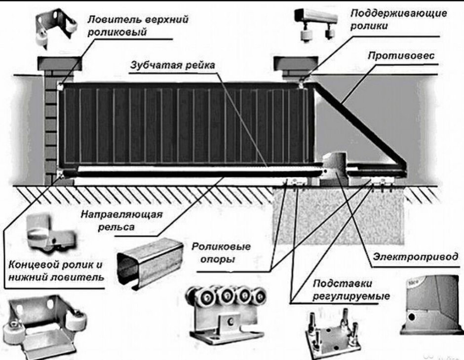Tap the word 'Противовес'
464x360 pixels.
pos(401,55)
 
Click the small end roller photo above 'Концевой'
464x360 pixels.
pos(50,231)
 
